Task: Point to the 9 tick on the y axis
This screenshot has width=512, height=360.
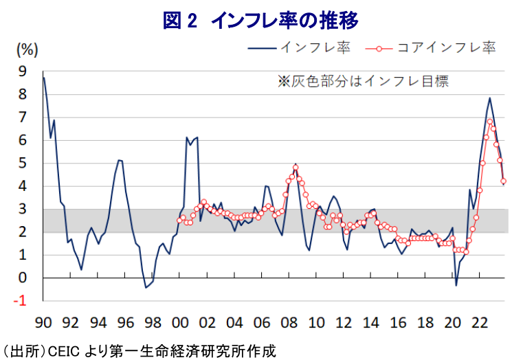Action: pos(23,71)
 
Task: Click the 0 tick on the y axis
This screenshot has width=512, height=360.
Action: pos(23,278)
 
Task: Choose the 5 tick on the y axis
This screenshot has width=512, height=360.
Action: pos(23,163)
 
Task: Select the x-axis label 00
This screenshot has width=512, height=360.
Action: pos(179,322)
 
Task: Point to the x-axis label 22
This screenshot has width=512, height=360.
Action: pos(479,322)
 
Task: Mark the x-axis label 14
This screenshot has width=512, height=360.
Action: pos(370,322)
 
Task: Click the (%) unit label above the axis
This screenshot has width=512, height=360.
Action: pos(27,49)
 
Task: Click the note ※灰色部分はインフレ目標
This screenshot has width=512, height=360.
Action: pos(362,81)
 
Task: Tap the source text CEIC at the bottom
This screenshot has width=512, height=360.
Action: pos(67,351)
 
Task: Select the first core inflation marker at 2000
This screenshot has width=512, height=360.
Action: pos(179,221)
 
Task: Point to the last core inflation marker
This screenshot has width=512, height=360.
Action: pos(504,181)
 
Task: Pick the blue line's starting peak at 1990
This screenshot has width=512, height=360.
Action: pos(44,78)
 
